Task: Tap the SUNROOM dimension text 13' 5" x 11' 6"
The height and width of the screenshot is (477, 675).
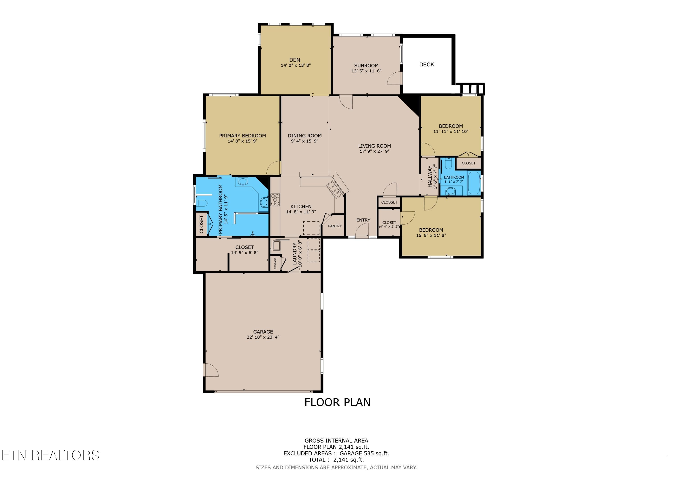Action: [366, 71]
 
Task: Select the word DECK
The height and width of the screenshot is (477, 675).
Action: [427, 65]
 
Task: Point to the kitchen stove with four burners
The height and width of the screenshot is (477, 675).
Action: [275, 199]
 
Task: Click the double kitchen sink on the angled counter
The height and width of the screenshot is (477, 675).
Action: [335, 190]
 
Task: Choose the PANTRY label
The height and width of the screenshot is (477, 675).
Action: [335, 226]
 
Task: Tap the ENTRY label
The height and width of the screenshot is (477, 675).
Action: [363, 220]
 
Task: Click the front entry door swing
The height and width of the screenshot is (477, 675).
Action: [362, 230]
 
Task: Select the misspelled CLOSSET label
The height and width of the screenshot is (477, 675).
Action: [389, 202]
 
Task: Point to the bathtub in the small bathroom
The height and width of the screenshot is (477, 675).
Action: [474, 183]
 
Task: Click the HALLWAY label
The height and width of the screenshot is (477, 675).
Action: [430, 176]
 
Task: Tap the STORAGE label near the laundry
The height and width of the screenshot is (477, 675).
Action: [275, 263]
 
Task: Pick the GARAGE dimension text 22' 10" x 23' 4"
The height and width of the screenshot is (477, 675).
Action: [263, 337]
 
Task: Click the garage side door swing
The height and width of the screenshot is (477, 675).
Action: [211, 370]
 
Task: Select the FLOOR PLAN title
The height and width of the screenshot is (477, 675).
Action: [337, 402]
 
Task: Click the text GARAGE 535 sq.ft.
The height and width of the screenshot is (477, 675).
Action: [364, 453]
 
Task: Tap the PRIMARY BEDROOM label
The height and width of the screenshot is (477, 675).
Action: [243, 136]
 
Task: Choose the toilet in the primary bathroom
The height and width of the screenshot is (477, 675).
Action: [202, 203]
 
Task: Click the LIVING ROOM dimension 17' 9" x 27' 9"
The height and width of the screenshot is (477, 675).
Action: [375, 151]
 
